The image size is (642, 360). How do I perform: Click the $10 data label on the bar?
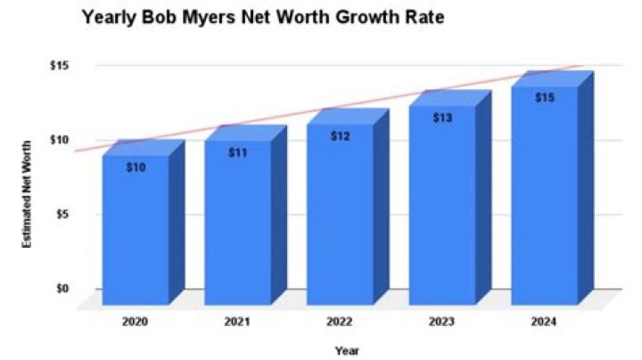pos(136,168)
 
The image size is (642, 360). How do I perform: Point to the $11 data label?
pos(238,152)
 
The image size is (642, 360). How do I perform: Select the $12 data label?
pos(341,136)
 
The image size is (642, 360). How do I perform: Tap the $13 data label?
pos(443,118)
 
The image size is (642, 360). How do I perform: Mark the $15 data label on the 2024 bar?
pos(546,97)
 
